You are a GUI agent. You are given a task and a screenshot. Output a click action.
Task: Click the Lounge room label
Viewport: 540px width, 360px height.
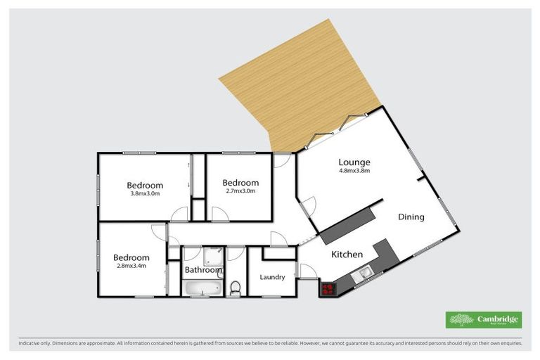click(354, 162)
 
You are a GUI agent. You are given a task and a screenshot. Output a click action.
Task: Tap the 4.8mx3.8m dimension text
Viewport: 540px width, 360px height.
click(354, 171)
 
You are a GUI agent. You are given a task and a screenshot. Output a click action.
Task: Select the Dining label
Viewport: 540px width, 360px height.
click(411, 217)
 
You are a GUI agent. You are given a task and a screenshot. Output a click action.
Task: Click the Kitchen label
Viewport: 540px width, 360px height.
click(347, 255)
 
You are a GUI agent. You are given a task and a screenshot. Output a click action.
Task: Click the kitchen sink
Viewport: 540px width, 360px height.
click(364, 273)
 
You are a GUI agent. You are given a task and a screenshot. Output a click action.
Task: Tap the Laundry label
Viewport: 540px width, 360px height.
click(272, 277)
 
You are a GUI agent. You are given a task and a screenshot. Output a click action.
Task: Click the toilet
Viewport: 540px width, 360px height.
click(236, 288)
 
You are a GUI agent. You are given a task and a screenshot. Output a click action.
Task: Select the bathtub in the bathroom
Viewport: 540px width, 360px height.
click(202, 288)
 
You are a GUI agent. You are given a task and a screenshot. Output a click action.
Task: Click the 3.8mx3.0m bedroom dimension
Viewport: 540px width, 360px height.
click(145, 193)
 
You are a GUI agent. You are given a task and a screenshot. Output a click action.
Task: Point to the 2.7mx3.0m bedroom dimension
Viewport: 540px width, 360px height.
click(240, 191)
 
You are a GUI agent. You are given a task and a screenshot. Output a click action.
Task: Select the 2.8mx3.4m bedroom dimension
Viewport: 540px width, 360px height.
click(131, 266)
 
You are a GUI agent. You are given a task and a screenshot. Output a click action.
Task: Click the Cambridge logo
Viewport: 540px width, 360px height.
click(484, 320)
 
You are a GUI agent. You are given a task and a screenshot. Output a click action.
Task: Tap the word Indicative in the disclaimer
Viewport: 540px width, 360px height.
click(33, 344)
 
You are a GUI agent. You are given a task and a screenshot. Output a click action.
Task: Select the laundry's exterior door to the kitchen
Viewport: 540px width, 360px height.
click(307, 271)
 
